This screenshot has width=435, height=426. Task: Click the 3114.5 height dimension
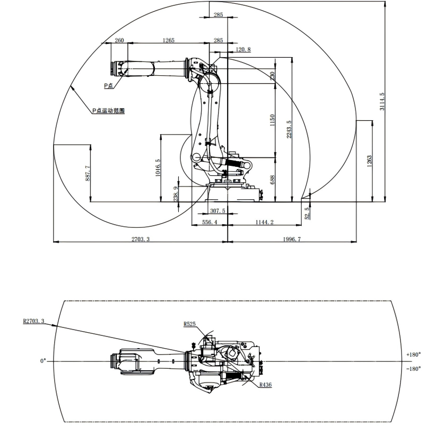(382, 102)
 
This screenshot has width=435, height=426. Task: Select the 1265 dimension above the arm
(168, 41)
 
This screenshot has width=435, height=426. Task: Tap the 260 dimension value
(119, 41)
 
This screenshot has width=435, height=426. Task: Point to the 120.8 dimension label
(242, 49)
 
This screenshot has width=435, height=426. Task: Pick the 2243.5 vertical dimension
(289, 129)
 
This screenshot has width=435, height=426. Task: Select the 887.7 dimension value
(88, 173)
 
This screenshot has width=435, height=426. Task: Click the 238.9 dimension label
(176, 194)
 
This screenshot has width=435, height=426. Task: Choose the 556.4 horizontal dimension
(209, 223)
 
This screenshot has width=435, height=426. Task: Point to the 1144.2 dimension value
(264, 223)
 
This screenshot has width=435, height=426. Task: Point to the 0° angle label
(43, 361)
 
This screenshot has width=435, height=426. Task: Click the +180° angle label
(413, 354)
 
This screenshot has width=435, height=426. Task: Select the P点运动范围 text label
(108, 111)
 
